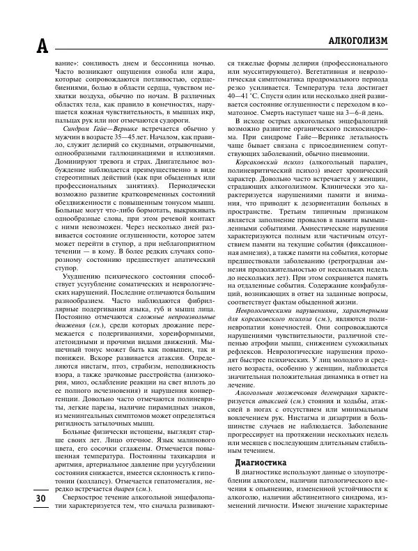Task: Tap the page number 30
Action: [22, 518]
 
